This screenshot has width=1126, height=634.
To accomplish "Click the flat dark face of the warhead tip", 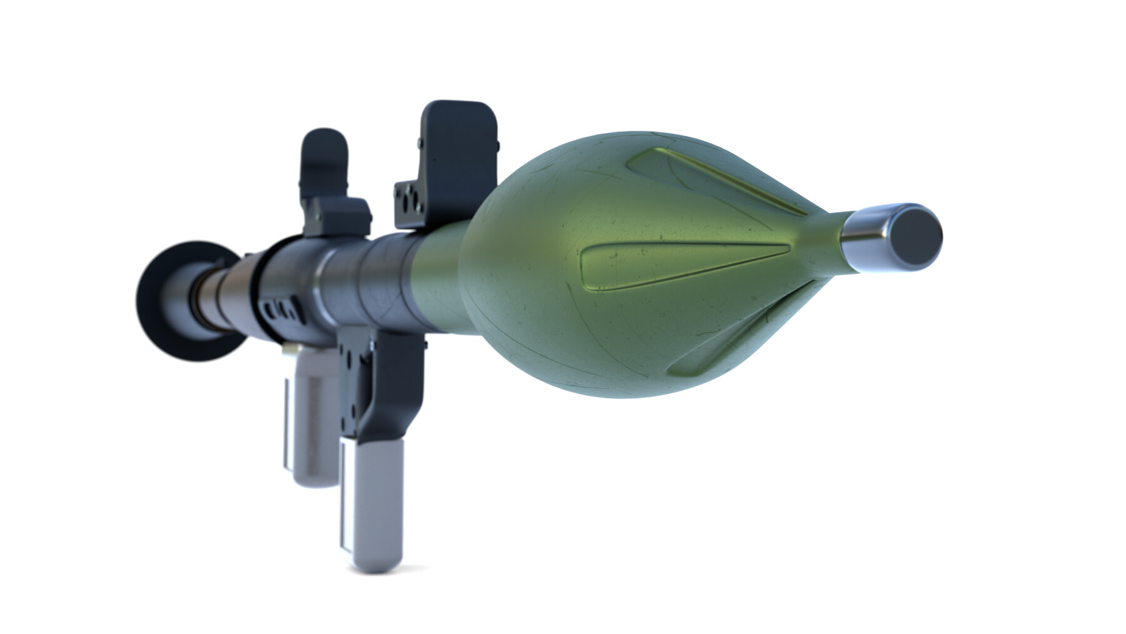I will [916, 237].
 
